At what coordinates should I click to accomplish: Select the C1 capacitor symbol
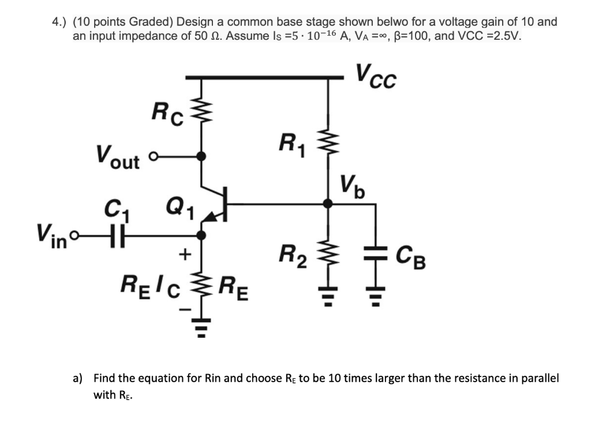tap(114, 235)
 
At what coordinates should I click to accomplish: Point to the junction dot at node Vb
tap(328, 203)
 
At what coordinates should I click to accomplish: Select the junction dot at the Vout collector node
tap(201, 156)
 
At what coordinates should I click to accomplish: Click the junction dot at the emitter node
tap(201, 235)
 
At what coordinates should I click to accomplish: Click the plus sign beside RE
tap(186, 253)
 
